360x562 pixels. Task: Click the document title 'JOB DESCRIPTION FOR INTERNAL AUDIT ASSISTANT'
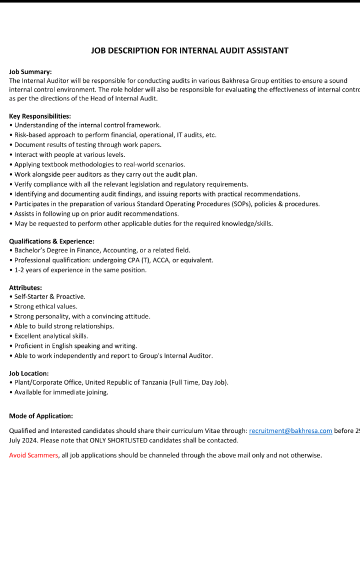point(189,50)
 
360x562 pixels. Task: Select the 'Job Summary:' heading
point(30,71)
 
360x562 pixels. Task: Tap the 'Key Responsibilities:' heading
point(40,116)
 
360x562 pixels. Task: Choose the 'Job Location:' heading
point(29,373)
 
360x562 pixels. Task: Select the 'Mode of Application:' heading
point(41,416)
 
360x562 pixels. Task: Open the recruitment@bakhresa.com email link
point(290,431)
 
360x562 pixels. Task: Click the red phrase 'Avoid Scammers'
point(33,455)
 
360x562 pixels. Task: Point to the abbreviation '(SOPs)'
point(222,204)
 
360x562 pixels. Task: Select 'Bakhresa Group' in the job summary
point(244,81)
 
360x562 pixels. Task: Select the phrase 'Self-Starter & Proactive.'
point(50,297)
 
